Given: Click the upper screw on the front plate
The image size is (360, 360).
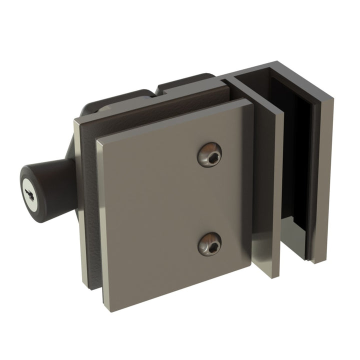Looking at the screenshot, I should [x=209, y=155].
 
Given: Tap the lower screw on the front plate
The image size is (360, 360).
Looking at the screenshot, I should [x=209, y=243].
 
